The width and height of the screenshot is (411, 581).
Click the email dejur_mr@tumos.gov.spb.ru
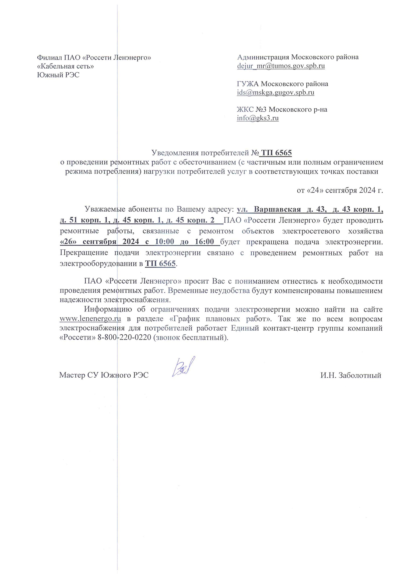coord(281,66)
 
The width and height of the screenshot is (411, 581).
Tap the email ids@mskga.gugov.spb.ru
coord(275,93)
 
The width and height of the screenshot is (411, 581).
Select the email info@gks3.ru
coord(258,118)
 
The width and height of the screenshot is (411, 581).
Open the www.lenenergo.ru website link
coord(90,319)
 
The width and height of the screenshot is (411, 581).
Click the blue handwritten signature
coord(183,367)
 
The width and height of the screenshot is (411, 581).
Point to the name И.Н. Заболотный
coord(350,375)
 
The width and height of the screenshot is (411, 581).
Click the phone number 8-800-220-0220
coord(124,337)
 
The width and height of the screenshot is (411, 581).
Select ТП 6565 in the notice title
coord(276,153)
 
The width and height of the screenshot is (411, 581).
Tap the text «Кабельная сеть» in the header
coord(65,66)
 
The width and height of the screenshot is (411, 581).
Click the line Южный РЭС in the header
coord(58,75)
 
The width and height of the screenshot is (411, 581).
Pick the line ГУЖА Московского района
coord(282,84)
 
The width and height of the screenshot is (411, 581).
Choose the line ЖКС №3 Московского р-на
coord(282,109)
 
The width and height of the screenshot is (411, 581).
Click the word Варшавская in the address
coord(277,209)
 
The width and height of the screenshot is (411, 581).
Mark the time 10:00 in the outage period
coord(164,242)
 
